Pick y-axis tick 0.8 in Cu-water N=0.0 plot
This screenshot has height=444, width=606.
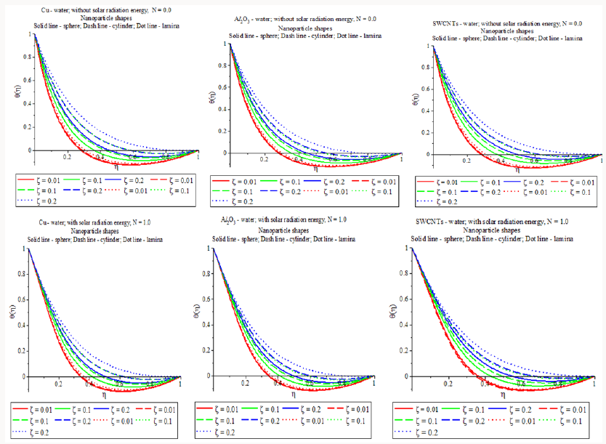pos(28,57)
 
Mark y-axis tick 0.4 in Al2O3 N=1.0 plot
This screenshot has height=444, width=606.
pos(206,326)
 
